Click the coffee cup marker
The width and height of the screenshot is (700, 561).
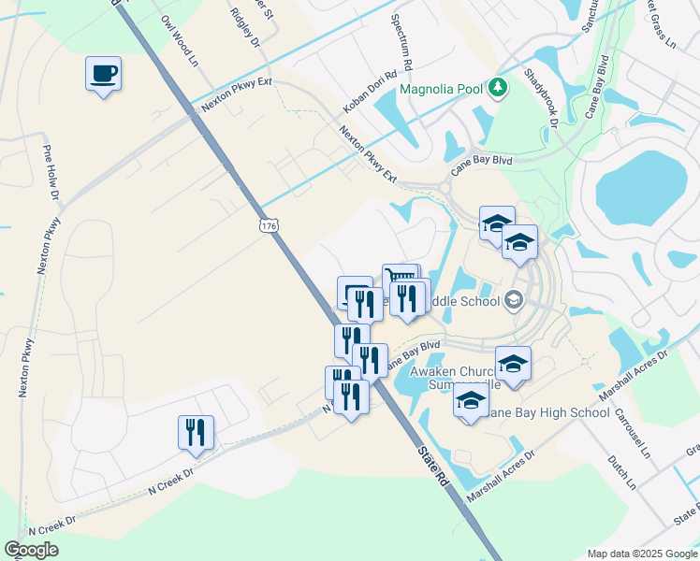(x=103, y=73)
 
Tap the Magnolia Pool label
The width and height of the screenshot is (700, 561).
(x=441, y=90)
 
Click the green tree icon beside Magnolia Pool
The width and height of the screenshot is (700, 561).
(x=498, y=88)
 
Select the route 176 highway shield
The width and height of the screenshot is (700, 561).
(x=269, y=226)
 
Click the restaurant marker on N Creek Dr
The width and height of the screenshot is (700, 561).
(x=196, y=432)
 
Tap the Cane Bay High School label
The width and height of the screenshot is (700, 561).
(x=551, y=412)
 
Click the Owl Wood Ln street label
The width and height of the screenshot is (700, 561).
(x=180, y=40)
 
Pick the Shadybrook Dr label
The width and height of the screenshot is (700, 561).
(x=541, y=98)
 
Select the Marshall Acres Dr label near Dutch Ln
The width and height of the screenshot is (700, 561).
(x=500, y=474)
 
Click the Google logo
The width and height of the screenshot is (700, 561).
(x=31, y=550)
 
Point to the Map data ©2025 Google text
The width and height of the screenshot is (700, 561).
(x=642, y=554)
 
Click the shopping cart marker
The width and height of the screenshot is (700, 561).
(x=400, y=278)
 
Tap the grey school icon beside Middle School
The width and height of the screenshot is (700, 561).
(x=512, y=300)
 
